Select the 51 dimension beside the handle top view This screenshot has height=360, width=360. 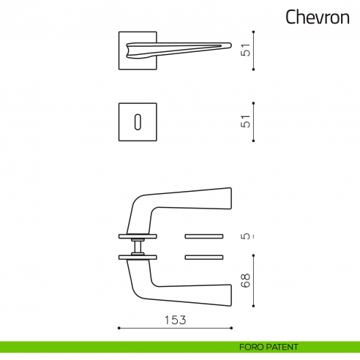pos(247,50)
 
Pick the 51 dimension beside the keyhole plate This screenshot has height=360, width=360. pos(247,121)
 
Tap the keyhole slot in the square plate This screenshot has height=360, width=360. pos(138,121)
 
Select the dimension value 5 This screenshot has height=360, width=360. pos(247,236)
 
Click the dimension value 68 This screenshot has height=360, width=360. pos(247,280)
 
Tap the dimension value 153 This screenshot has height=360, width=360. pos(175,320)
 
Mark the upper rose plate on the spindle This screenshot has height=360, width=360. pos(138,236)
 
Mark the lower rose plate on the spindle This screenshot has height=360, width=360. pos(138,257)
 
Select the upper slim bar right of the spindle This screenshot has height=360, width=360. pos(205,236)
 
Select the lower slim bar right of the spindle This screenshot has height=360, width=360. pos(205,257)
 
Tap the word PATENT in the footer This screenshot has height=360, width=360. pos(282,347)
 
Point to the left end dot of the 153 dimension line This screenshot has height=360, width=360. pos(119,328)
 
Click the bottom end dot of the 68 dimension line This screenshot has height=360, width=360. pos(253,305)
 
